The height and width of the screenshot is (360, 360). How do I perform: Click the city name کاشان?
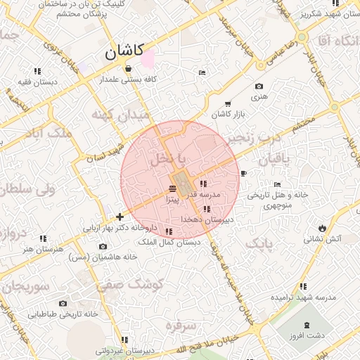coord(124,51)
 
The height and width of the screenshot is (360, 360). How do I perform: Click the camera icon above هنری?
coord(258,86)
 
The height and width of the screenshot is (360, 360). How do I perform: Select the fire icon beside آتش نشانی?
coord(322,228)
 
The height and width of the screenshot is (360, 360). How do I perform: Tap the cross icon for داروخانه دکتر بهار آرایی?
coord(120,217)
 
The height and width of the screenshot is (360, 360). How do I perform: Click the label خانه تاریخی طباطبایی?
coord(61,314)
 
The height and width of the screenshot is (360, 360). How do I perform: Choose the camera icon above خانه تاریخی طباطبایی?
coord(63,303)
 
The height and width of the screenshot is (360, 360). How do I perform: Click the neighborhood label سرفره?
coord(179,326)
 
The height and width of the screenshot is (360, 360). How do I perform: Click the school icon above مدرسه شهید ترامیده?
coord(303,286)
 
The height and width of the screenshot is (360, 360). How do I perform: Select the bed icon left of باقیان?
coord(244,173)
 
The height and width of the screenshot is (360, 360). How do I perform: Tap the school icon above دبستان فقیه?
coord(37,71)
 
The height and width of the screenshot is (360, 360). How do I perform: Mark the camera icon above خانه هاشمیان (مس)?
coord(103,246)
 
